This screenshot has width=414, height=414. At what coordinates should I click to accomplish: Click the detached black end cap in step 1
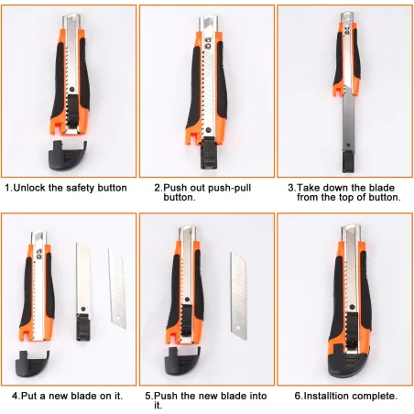[67, 155]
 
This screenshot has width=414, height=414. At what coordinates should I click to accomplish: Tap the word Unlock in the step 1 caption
[29, 188]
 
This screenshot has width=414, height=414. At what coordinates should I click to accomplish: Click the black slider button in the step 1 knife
[72, 111]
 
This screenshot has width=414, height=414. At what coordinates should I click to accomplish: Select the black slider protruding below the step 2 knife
[208, 153]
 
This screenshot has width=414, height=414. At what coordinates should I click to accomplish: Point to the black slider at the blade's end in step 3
[348, 160]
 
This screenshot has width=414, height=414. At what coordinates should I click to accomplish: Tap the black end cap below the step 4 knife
[33, 364]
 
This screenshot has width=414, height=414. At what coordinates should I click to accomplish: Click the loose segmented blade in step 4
[117, 289]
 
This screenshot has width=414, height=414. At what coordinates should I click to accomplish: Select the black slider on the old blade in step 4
[83, 327]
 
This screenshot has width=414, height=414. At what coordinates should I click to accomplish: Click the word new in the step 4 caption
[59, 396]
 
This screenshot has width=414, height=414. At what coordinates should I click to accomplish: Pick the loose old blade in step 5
[238, 296]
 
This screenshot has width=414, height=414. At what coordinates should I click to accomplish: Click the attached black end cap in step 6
[349, 363]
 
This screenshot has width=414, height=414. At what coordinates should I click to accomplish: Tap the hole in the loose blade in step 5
[238, 328]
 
